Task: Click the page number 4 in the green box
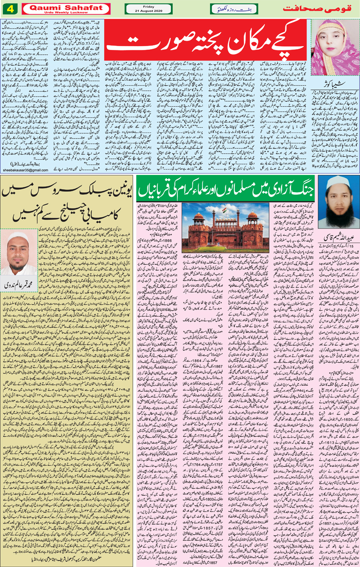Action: point(9,8)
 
